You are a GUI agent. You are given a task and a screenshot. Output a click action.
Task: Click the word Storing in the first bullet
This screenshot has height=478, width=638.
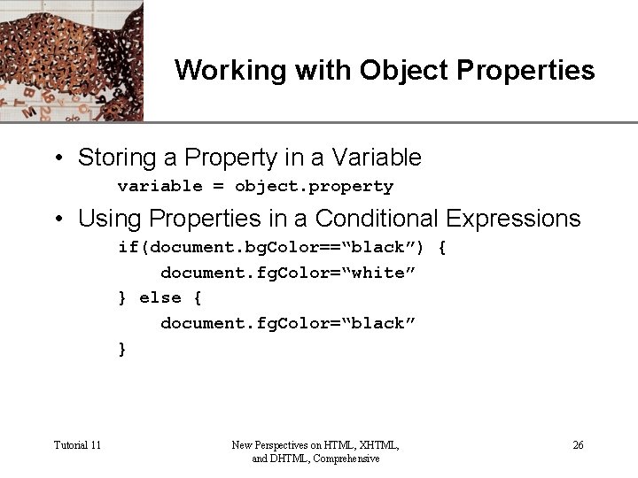click(x=110, y=158)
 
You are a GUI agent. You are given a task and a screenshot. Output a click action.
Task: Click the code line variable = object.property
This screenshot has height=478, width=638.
click(x=255, y=187)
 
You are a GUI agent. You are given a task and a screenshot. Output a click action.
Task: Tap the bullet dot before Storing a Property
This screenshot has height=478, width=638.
click(x=58, y=159)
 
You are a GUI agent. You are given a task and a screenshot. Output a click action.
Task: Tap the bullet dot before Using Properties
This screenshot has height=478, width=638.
click(x=58, y=219)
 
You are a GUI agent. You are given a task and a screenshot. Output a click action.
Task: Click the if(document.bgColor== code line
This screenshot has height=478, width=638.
click(x=282, y=248)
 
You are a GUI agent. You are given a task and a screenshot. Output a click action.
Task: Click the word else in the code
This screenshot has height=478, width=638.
click(x=160, y=298)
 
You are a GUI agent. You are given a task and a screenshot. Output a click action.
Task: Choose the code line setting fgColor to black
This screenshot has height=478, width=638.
click(x=287, y=324)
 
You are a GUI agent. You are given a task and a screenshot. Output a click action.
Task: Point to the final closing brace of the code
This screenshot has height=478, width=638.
click(x=122, y=350)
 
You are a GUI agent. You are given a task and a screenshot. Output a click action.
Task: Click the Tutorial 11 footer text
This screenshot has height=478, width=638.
click(x=77, y=445)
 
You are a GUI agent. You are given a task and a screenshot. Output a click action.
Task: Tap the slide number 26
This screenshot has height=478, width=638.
click(x=578, y=445)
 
